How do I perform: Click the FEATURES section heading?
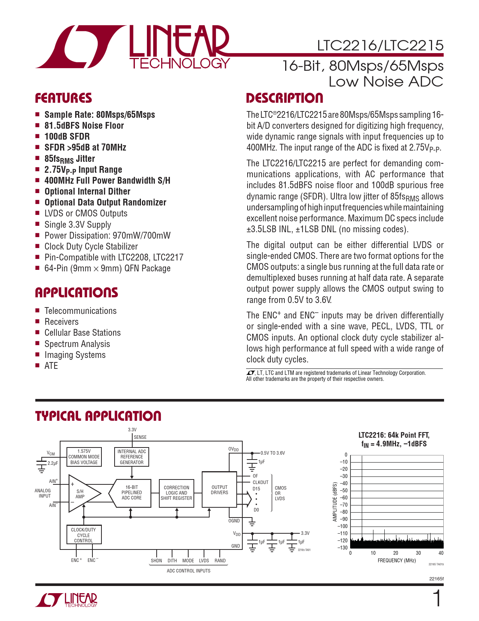pyautogui.click(x=63, y=98)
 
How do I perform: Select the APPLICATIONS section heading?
pyautogui.click(x=77, y=293)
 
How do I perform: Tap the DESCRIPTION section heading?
pyautogui.click(x=284, y=98)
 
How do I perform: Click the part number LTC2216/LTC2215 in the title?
pyautogui.click(x=380, y=46)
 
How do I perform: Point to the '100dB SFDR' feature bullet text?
pyautogui.click(x=67, y=137)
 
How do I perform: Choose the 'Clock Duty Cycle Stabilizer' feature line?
pyautogui.click(x=91, y=247)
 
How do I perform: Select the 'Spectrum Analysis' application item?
pyautogui.click(x=77, y=344)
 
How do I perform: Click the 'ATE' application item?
pyautogui.click(x=51, y=366)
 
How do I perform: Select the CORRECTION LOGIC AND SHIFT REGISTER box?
pyautogui.click(x=177, y=493)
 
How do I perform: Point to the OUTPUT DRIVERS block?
pyautogui.click(x=219, y=490)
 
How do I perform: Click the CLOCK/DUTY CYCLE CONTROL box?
pyautogui.click(x=83, y=535)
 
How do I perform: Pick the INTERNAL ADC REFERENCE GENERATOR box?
pyautogui.click(x=131, y=457)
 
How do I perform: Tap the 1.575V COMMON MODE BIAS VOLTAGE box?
pyautogui.click(x=84, y=457)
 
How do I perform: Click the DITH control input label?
pyautogui.click(x=172, y=560)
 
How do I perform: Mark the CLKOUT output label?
pyautogui.click(x=260, y=482)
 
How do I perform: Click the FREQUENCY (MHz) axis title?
pyautogui.click(x=397, y=560)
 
